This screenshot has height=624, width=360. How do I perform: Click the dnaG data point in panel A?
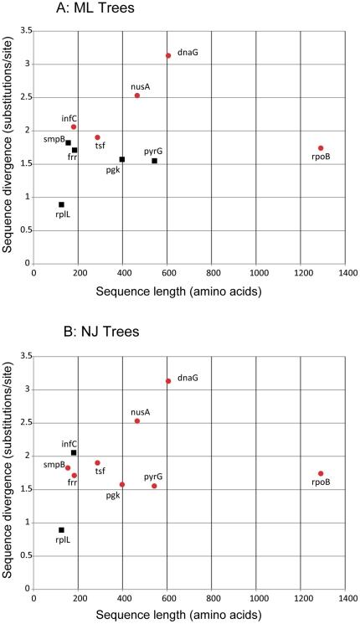click(x=168, y=56)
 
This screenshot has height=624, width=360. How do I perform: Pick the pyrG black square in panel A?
click(x=154, y=161)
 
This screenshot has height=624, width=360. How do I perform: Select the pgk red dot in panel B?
click(x=122, y=484)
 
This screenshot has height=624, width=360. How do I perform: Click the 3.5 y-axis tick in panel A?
click(x=23, y=31)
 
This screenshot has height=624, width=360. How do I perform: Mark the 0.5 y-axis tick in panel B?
click(x=23, y=556)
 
